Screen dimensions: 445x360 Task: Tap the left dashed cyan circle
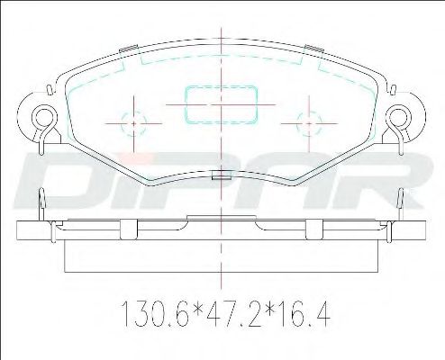coord(122,123)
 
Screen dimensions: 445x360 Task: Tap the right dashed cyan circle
coord(297,123)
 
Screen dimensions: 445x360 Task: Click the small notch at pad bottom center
coord(222,175)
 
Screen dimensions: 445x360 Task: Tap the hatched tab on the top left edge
coord(129,49)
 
